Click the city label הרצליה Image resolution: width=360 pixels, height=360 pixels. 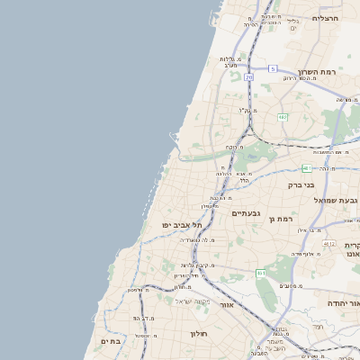coord(325,18)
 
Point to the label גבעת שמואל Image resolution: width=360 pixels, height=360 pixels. coord(340,200)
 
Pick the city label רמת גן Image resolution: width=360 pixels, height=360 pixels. coord(283,219)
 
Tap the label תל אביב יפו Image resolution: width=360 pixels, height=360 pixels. coord(180,224)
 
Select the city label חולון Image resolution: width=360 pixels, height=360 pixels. coord(198,334)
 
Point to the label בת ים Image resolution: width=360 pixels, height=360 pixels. coord(111,341)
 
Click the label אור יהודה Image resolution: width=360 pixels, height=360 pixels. coord(343,303)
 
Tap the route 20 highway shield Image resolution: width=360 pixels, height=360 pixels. coord(248,77)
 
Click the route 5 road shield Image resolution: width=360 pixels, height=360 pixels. coord(272,68)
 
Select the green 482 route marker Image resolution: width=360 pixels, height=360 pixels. coord(283,117)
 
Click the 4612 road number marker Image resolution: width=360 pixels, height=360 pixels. coord(329,243)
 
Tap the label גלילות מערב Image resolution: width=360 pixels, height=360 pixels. coord(229,62)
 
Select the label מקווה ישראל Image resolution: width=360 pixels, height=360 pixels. coord(192,301)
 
